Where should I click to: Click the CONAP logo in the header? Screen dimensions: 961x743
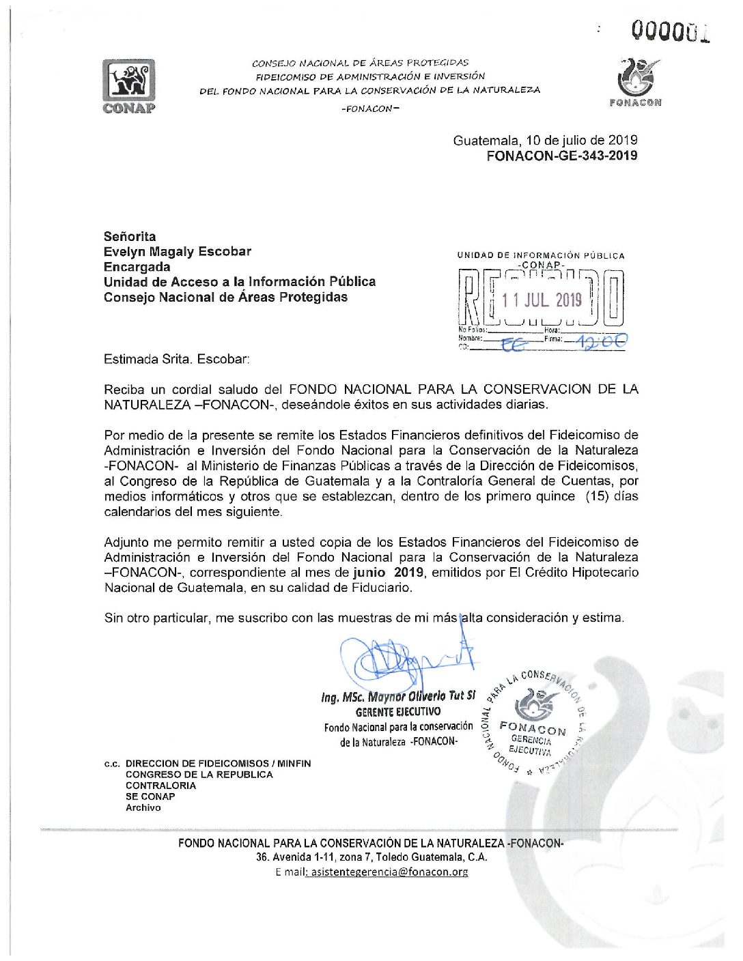pos(128,85)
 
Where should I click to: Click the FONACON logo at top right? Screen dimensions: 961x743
pos(635,83)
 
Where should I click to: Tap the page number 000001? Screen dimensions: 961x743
pos(669,31)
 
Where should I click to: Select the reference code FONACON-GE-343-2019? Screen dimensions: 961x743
pos(561,156)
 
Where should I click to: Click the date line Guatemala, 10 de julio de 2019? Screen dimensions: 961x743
pos(545,141)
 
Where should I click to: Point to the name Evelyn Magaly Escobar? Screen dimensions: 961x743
pos(178,252)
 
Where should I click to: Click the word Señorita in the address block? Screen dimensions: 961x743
pos(130,236)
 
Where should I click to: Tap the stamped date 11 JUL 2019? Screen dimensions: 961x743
pos(542,300)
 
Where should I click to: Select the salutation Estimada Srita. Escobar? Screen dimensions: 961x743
pos(177,359)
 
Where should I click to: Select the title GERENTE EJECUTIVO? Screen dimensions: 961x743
pos(398,711)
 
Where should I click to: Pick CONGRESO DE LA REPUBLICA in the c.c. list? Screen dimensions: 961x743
pos(199,775)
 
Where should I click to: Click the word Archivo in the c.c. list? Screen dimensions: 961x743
pos(143,807)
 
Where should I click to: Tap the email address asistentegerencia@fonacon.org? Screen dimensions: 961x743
pos(389,872)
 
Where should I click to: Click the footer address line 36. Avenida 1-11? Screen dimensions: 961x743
pos(371,857)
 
